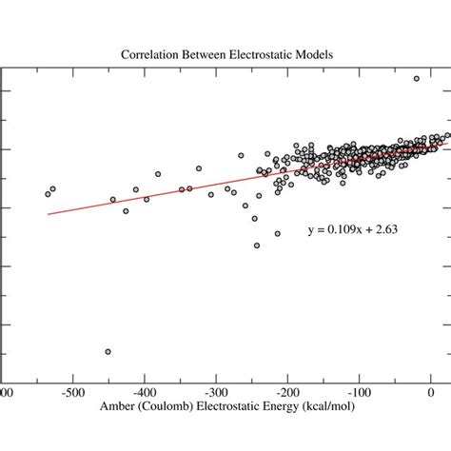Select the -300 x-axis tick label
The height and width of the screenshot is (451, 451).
pyautogui.click(x=216, y=391)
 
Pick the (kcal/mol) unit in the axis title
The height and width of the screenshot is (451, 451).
pyautogui.click(x=342, y=410)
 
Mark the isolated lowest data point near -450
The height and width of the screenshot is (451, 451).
pyautogui.click(x=108, y=352)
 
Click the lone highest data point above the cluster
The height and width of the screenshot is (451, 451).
pyautogui.click(x=416, y=79)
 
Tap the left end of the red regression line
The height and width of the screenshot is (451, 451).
pyautogui.click(x=49, y=214)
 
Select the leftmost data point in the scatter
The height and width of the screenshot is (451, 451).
pyautogui.click(x=48, y=194)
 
